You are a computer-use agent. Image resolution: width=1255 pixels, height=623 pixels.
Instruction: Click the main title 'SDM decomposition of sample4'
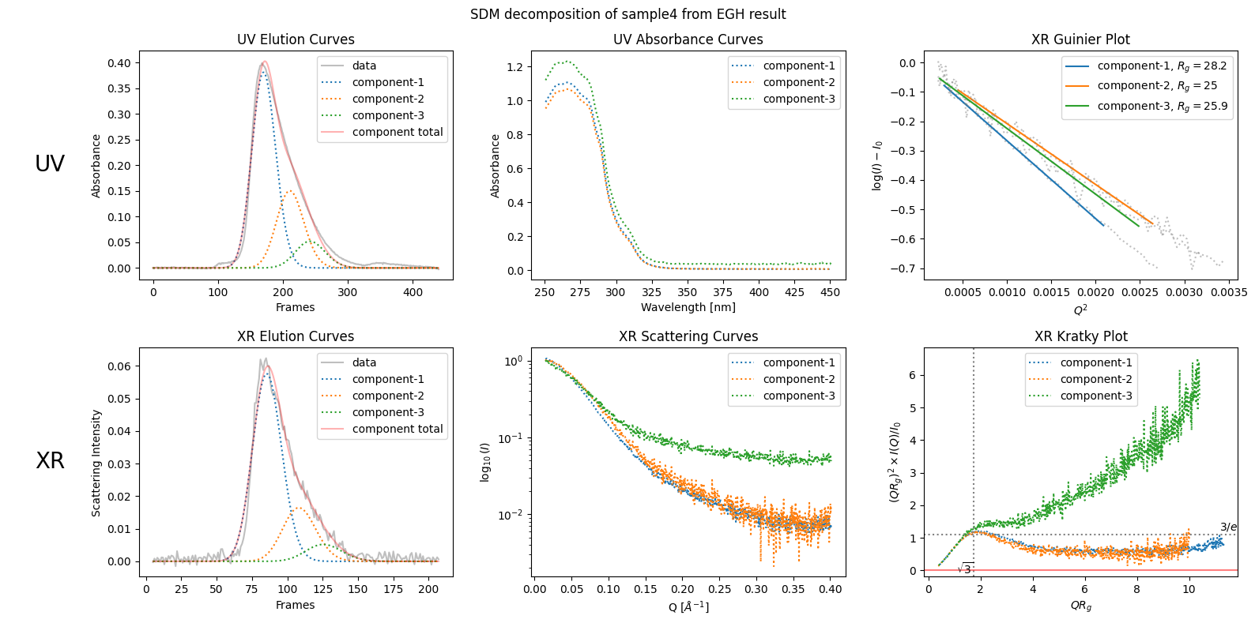pos(627,14)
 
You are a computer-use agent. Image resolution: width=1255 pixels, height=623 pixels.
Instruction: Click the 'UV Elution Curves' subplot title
pos(296,39)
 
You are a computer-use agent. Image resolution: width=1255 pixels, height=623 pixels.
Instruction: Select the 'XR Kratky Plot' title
pos(1080,336)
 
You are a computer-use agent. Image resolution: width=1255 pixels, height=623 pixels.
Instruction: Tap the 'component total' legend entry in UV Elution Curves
pos(397,132)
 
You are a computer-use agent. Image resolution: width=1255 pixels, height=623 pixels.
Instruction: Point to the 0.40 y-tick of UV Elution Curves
pos(119,63)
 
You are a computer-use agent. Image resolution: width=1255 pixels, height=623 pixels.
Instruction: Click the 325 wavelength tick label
pos(651,292)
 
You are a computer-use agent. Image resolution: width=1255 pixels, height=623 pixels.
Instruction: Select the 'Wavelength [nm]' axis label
pos(688,307)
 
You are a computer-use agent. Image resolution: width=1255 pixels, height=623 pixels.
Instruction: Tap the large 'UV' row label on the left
pos(50,163)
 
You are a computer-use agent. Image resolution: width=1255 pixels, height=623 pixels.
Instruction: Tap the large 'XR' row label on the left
pos(50,460)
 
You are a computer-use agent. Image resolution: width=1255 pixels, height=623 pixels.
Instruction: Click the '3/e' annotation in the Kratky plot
pos(1228,527)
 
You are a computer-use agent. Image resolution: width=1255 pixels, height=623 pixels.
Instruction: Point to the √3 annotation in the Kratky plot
pos(965,569)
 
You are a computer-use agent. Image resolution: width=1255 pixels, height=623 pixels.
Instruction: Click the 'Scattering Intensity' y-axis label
pos(96,463)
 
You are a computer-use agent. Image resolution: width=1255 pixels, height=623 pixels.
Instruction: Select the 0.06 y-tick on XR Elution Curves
pos(119,366)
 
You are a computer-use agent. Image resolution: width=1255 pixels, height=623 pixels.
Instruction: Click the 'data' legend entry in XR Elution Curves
pos(364,362)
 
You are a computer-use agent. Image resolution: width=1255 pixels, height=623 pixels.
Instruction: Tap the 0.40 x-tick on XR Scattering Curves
pos(830,589)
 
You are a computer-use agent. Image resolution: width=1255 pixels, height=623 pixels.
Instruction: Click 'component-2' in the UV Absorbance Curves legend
pos(798,82)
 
